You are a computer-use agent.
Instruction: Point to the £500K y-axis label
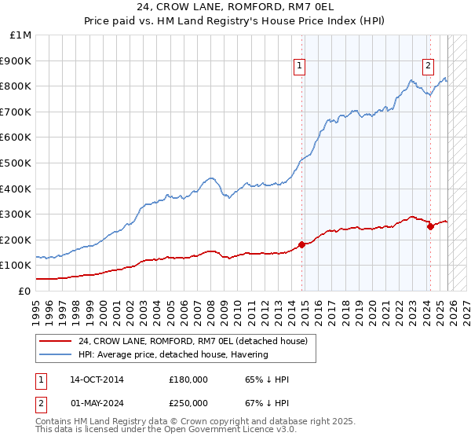click(17, 163)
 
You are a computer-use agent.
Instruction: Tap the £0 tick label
click(24, 291)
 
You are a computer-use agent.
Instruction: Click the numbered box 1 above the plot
click(301, 67)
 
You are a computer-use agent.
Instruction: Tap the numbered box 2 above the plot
click(429, 67)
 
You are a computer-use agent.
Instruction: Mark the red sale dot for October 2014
click(301, 244)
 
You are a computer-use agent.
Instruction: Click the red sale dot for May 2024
click(429, 226)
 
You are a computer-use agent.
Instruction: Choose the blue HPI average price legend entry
click(173, 354)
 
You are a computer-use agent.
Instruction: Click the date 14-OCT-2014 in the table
click(97, 380)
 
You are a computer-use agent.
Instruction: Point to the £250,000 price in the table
click(188, 402)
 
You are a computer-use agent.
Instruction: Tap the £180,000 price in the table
click(188, 380)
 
